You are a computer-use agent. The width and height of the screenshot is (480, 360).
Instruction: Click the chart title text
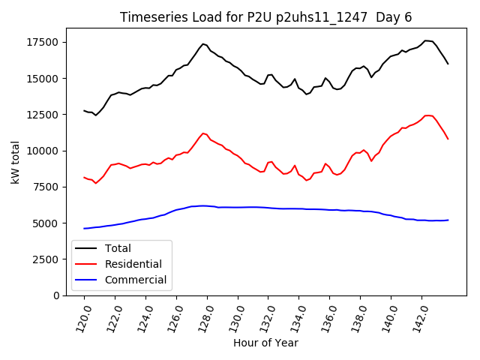[266, 17]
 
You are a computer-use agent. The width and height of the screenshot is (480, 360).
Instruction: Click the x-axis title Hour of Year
[265, 343]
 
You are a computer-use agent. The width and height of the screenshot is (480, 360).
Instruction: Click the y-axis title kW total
[16, 162]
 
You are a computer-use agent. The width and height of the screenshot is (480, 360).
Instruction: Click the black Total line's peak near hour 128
[203, 43]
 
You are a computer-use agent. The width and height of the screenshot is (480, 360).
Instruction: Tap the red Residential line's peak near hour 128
[203, 133]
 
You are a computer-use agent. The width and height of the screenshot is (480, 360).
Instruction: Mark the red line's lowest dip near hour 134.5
[306, 181]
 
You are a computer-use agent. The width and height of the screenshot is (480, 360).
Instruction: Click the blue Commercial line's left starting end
[84, 229]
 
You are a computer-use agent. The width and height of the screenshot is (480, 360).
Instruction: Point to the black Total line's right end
[448, 64]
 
